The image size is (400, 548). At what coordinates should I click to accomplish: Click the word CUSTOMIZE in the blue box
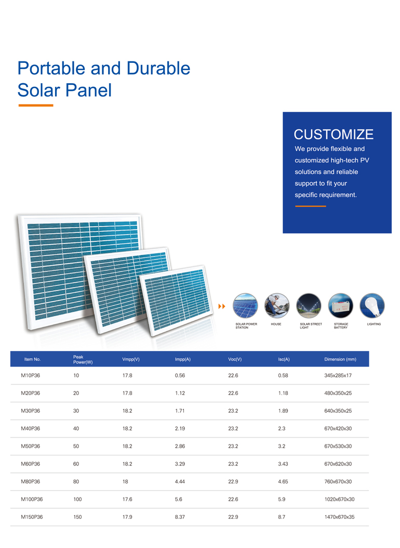334,135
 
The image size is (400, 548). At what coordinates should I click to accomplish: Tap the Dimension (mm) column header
340,359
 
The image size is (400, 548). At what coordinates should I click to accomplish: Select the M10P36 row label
30,375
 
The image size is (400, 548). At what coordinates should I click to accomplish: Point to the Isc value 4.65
283,481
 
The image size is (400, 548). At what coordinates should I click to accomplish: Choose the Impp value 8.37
180,517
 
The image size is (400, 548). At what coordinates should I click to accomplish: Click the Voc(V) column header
235,359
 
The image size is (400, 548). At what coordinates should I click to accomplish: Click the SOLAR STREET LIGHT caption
311,326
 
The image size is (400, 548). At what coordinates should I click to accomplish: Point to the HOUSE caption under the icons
276,324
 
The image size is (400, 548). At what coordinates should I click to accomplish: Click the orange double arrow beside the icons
222,306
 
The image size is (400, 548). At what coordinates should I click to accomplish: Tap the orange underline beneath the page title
35,106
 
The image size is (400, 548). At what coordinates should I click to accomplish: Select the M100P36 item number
32,499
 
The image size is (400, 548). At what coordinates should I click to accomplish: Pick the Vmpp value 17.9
127,517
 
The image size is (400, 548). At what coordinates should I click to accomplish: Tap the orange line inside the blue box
310,206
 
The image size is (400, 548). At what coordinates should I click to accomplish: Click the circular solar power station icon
245,305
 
